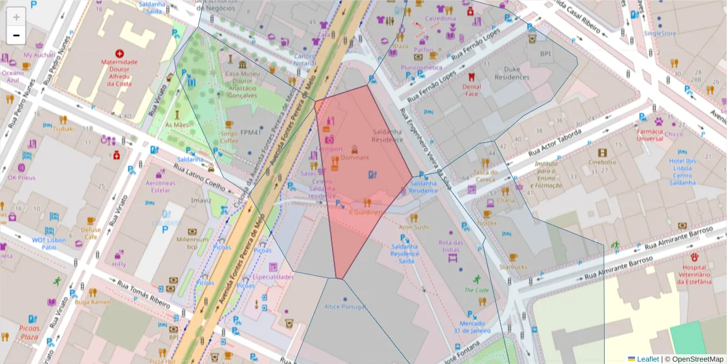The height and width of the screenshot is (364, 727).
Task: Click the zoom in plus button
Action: [16, 16]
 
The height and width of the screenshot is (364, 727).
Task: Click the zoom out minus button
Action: [16, 35]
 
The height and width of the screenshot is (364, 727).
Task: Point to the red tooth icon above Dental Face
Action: [471, 77]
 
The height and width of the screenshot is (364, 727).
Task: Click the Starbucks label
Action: [513, 267]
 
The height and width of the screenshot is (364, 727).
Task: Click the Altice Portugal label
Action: [345, 307]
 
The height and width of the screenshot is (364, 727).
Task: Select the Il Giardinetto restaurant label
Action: [367, 212]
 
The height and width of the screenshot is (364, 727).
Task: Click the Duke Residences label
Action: [512, 73]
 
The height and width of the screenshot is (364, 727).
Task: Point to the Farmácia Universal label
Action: [649, 135]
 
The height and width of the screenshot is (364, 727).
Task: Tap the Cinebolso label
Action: [602, 163]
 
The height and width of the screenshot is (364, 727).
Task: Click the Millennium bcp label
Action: [193, 243]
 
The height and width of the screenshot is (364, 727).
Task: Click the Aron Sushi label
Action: [414, 227]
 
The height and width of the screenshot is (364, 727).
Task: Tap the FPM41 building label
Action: [250, 132]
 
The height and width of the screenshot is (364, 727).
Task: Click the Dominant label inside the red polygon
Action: [354, 157]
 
